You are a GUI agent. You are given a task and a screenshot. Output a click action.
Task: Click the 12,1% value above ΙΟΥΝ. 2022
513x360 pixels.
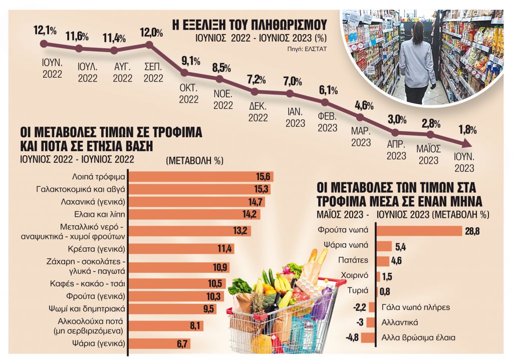coord(45,31)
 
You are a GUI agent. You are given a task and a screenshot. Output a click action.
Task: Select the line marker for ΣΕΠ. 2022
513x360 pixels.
coord(149,45)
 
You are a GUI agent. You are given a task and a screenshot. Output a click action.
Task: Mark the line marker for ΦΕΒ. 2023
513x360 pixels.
coord(325,102)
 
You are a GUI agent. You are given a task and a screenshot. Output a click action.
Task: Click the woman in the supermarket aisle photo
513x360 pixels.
coord(417,60)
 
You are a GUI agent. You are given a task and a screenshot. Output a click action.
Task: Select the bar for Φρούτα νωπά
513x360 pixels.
coord(418,230)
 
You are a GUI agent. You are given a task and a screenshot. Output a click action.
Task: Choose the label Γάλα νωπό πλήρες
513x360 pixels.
coord(416,307)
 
